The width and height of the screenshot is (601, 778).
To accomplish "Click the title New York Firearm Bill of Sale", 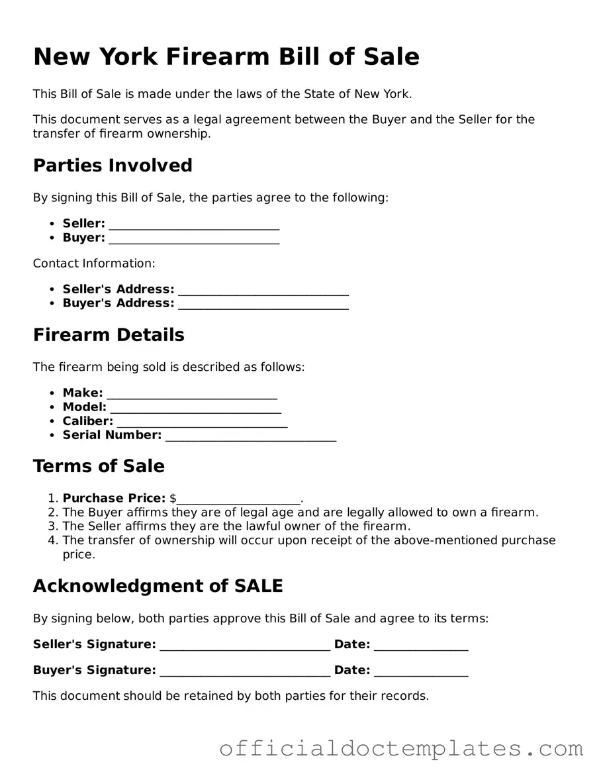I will point(226,56).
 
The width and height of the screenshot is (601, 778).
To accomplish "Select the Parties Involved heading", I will point(113,165).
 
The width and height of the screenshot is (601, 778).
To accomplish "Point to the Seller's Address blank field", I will point(263,291).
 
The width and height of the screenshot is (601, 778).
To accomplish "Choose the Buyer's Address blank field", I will point(263,305).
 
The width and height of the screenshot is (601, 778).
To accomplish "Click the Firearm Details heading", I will point(109,334).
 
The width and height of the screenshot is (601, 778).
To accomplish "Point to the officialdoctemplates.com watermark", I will point(401,748).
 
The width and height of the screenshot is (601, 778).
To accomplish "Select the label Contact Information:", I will point(94,263).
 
